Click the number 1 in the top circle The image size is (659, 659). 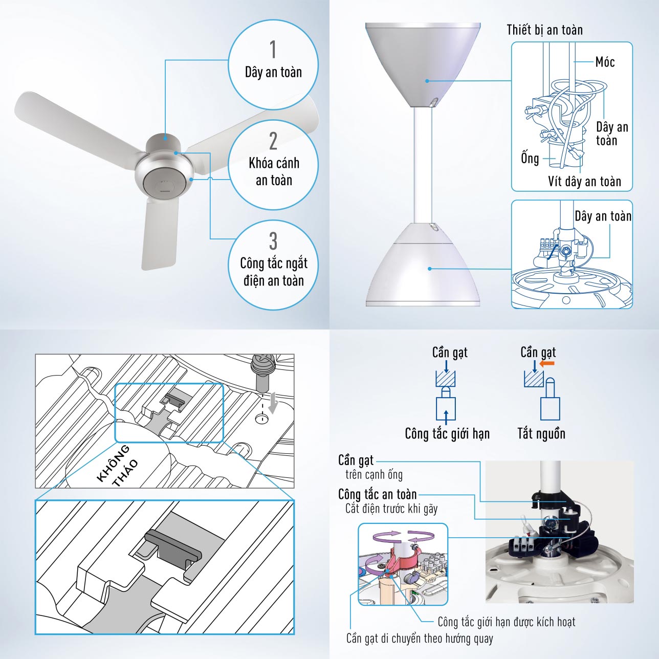273,50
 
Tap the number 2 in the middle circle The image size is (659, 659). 273,141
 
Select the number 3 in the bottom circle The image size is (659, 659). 273,241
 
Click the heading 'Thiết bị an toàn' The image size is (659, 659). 544,30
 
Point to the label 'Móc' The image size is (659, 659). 605,62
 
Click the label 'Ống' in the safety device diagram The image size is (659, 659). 530,158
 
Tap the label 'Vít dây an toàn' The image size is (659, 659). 584,181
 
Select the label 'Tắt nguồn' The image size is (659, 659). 541,433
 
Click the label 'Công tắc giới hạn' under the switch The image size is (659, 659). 447,433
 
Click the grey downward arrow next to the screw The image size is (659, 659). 273,403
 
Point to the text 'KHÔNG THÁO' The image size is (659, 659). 118,466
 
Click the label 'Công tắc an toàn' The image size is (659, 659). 377,495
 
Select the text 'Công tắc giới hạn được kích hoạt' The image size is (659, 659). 507,622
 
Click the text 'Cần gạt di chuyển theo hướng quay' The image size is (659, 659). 420,639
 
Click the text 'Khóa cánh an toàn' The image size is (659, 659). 274,172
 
